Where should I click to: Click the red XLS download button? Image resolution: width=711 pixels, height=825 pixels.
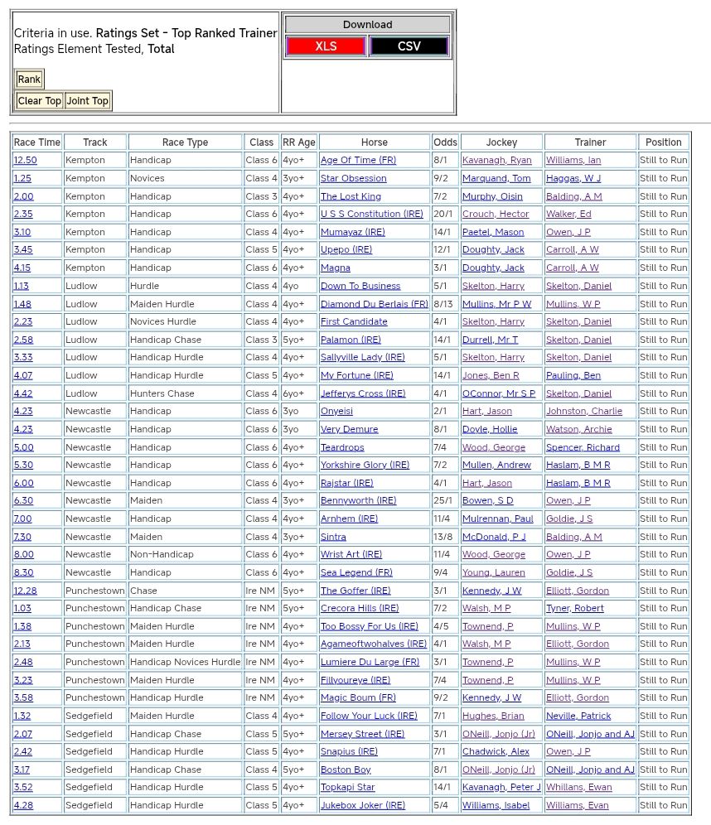click(x=326, y=46)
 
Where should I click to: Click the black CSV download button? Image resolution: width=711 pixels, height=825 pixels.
click(x=409, y=46)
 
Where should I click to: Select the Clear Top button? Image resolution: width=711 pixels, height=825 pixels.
click(x=40, y=101)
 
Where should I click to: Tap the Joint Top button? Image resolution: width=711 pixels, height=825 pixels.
click(x=88, y=101)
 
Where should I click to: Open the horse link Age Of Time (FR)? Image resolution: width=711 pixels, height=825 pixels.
click(x=358, y=161)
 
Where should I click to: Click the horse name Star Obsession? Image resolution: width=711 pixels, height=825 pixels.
click(x=353, y=178)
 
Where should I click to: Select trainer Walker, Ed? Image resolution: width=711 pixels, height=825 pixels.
click(x=568, y=215)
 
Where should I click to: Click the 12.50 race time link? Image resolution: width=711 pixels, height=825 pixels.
click(x=25, y=161)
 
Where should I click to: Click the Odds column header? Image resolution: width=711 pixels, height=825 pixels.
click(x=445, y=142)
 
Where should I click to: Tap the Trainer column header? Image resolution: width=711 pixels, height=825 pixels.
click(x=590, y=142)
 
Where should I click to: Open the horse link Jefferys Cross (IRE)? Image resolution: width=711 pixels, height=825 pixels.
click(x=363, y=393)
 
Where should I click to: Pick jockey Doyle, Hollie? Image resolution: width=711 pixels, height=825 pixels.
click(x=490, y=429)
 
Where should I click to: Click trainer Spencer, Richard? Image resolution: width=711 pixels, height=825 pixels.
click(x=583, y=447)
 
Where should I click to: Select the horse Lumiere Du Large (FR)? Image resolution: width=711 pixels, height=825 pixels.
click(x=370, y=662)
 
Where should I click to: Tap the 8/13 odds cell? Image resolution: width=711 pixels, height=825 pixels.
click(x=443, y=304)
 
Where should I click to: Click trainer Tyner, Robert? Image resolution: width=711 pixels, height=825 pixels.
click(x=574, y=608)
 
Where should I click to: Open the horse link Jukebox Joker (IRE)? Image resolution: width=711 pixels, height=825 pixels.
click(x=363, y=805)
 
